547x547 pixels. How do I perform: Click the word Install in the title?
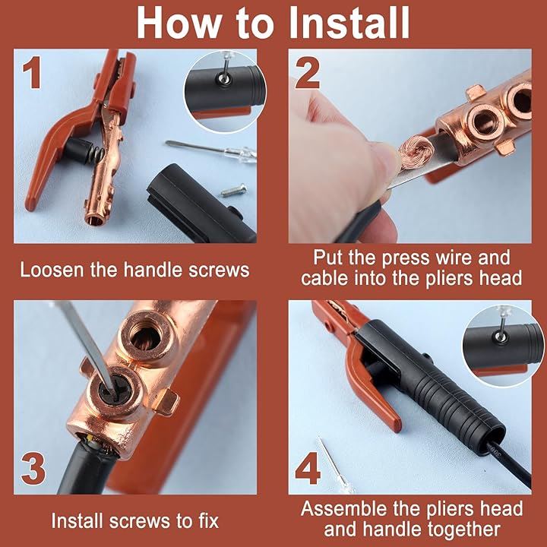(350, 24)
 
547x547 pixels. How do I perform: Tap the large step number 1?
(32, 73)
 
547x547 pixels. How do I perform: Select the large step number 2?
(308, 73)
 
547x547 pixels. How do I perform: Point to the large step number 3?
(33, 469)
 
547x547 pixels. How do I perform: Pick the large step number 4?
(308, 468)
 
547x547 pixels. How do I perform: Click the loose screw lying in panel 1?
(234, 191)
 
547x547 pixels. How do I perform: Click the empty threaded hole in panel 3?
(146, 334)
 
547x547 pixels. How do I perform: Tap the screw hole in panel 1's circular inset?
(224, 79)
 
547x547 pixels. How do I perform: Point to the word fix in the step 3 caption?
(207, 521)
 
